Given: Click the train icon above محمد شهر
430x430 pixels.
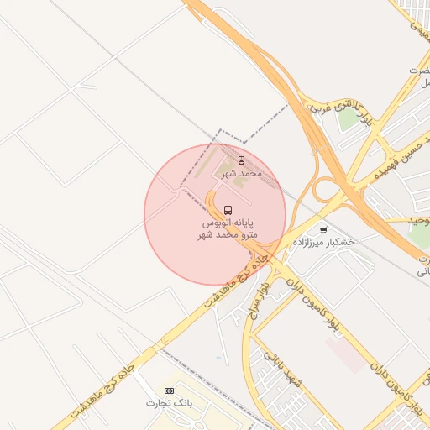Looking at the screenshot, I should point(241,159).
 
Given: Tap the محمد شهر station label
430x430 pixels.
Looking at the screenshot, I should point(241,173).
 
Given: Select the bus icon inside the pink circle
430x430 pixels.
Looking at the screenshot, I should point(228,210).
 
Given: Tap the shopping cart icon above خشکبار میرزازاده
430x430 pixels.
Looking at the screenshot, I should point(323,228).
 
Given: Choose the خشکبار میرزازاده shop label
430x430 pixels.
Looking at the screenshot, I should point(324,242).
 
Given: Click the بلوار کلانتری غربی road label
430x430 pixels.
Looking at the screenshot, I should point(335,106).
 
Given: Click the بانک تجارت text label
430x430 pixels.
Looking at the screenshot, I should point(169,404).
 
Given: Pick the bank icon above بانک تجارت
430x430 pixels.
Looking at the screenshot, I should point(169,391).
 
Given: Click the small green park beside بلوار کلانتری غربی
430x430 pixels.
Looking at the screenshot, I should point(348,120).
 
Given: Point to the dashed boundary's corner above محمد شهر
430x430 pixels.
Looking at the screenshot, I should point(221,131).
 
